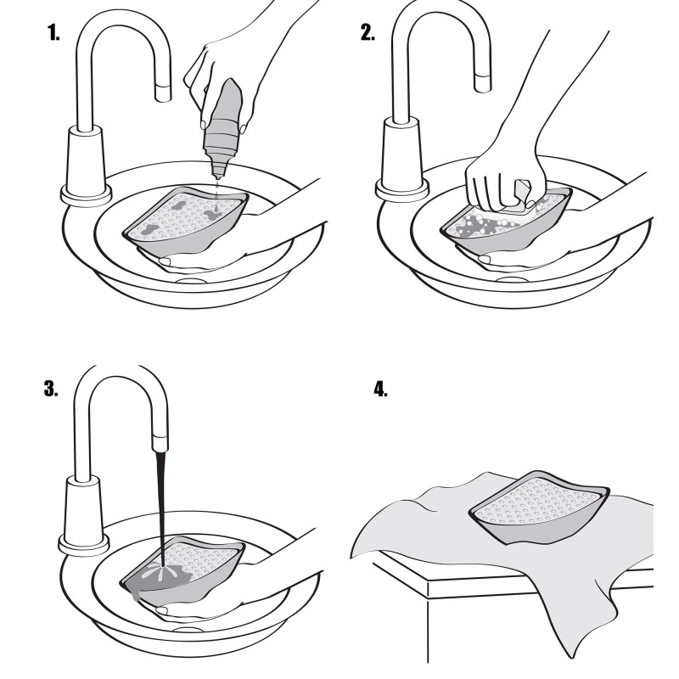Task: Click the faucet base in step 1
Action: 85,166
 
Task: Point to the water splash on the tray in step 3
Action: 162,571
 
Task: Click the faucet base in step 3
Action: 83,518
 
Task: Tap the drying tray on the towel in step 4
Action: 538,509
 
